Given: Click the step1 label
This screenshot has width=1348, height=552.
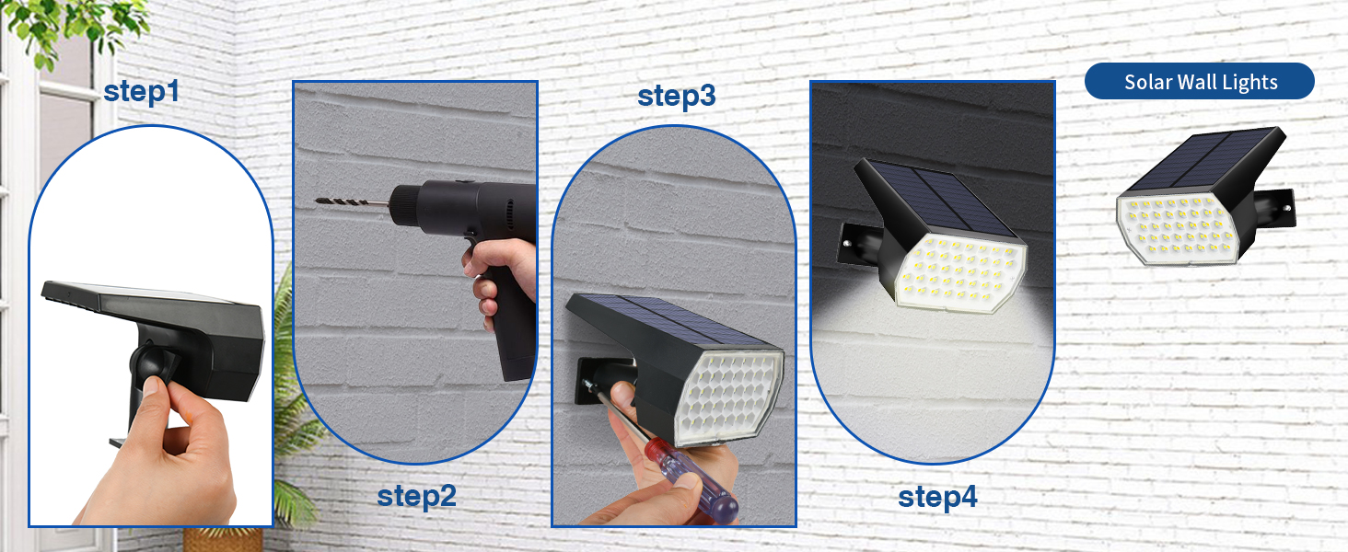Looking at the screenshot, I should pyautogui.click(x=141, y=92).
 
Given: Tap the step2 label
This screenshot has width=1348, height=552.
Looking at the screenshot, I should pyautogui.click(x=416, y=497).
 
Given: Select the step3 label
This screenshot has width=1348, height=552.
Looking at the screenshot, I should pyautogui.click(x=676, y=97).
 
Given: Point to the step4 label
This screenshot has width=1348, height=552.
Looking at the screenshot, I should pyautogui.click(x=937, y=497).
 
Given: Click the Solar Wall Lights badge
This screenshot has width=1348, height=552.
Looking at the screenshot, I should pyautogui.click(x=1200, y=82).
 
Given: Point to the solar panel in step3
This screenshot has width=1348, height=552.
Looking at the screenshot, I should pyautogui.click(x=658, y=317).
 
